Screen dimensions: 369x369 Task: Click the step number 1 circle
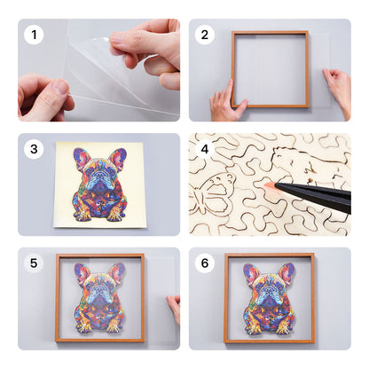pos(35,35)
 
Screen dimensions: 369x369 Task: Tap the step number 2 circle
pos(205,35)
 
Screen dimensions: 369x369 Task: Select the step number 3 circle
pos(35,149)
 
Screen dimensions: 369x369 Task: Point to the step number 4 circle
pos(205,149)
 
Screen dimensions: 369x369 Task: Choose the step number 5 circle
pos(35,263)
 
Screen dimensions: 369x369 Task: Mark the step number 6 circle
pos(205,263)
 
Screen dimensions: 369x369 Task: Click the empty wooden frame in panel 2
pos(271,69)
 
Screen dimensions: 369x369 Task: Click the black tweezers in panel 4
pos(319,193)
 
